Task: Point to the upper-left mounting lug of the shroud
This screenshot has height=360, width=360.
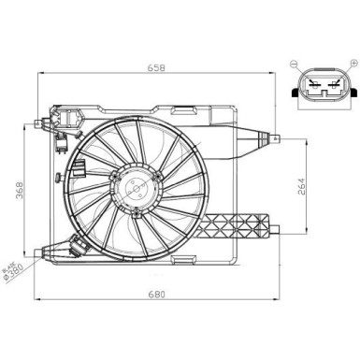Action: point(40,122)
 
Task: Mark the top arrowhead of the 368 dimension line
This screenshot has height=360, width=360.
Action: point(25,122)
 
